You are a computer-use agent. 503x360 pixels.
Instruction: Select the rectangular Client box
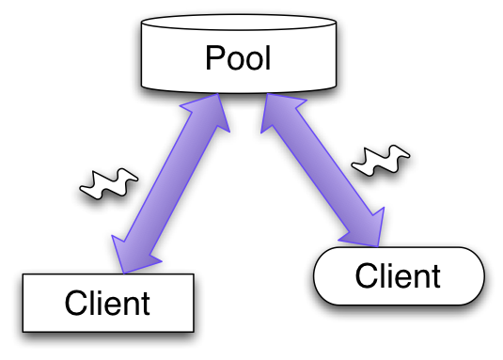click(x=107, y=303)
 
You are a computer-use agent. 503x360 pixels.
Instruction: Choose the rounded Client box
click(x=398, y=276)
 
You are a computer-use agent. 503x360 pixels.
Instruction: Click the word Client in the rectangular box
click(x=107, y=304)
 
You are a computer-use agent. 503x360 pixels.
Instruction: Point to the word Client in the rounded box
click(x=398, y=276)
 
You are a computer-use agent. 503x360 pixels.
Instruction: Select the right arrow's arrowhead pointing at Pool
click(x=267, y=107)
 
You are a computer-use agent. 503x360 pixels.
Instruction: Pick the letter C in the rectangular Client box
click(x=75, y=304)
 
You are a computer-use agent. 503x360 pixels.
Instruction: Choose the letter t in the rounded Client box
click(x=434, y=276)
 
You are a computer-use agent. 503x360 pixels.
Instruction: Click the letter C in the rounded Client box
click(x=366, y=276)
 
